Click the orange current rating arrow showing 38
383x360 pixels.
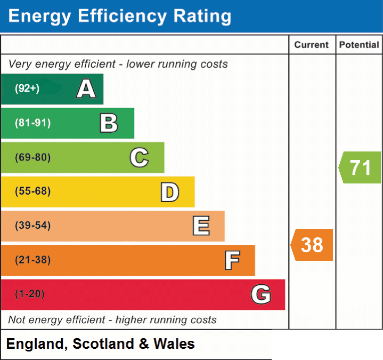pos(312,245)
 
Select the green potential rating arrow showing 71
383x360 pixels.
pos(360,167)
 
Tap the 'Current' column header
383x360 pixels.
pos(312,45)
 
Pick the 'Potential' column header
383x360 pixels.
pos(359,45)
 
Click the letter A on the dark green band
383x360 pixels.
pos(86,89)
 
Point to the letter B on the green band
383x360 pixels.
pos(109,123)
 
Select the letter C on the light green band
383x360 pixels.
pos(139,157)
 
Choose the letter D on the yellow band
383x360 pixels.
pos(170,192)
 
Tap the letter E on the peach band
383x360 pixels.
pos(201,226)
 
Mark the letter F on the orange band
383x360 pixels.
pos(232,260)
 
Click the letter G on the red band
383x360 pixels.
pos(261,294)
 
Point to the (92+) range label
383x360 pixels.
pos(27,88)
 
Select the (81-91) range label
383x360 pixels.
pos(33,123)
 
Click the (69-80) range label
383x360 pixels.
pos(33,157)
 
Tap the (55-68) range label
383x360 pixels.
pos(33,191)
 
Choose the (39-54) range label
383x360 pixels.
pos(33,225)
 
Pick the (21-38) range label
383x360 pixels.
pos(33,260)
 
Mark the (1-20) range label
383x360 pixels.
pos(30,294)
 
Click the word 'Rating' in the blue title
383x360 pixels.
pos(202,17)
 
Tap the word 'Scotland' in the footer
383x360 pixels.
pos(103,343)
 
